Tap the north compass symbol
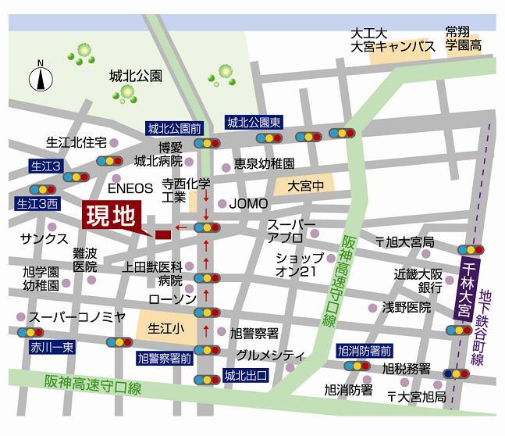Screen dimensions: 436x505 (x=41, y=78)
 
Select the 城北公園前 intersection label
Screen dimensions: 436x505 (x=173, y=127)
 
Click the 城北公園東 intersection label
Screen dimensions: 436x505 (x=254, y=123)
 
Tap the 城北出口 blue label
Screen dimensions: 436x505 (x=245, y=375)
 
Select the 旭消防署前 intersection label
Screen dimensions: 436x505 (x=365, y=349)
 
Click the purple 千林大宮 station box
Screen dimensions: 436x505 (x=465, y=288)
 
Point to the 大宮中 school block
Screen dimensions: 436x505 (x=304, y=186)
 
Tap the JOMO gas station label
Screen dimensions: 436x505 (x=248, y=204)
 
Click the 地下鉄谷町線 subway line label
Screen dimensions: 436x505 (x=488, y=327)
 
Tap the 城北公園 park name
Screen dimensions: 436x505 (x=135, y=76)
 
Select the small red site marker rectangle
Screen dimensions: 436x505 (x=162, y=234)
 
